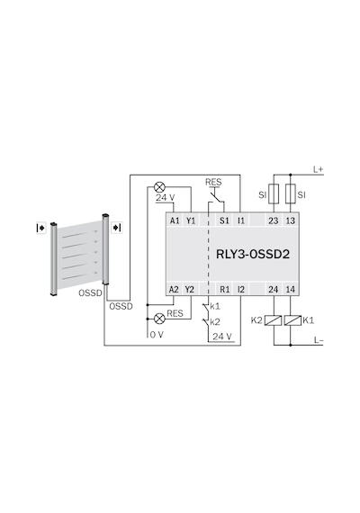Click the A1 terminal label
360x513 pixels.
(x=175, y=220)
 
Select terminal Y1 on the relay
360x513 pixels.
(x=191, y=220)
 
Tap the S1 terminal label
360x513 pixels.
(x=224, y=220)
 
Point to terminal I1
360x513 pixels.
(x=241, y=220)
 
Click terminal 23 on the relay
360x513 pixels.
(x=274, y=220)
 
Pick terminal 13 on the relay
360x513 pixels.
(x=291, y=220)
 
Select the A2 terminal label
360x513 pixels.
(x=174, y=289)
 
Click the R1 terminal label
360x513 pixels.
(x=224, y=289)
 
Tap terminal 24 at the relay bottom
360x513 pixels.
(x=274, y=289)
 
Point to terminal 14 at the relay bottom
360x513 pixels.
(x=291, y=289)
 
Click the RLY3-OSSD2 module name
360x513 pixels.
(x=253, y=254)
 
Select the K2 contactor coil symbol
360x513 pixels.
(x=274, y=320)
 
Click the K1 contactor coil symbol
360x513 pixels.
(x=292, y=320)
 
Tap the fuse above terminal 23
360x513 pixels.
(x=274, y=194)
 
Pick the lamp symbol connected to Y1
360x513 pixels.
(x=159, y=187)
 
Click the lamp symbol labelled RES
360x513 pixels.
(x=159, y=319)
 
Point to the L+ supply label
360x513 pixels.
(x=318, y=169)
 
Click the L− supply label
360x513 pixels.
(x=319, y=340)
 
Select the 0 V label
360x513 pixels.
(x=157, y=335)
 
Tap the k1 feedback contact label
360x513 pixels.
(x=215, y=307)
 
